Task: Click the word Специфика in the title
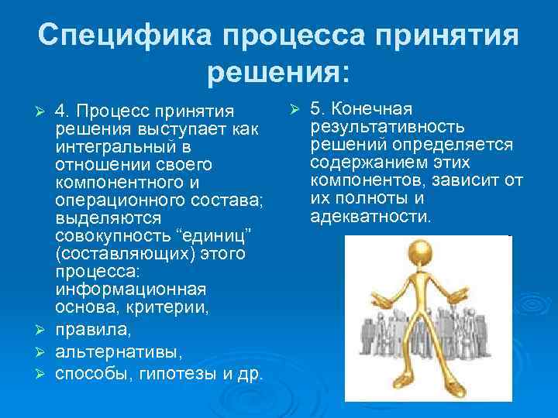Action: [x=124, y=36]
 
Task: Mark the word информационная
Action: [x=130, y=290]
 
